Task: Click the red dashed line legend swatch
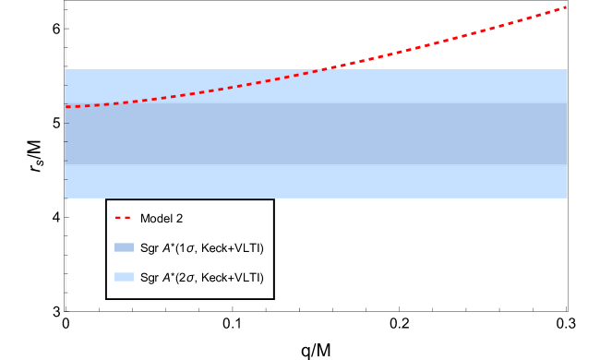click(123, 218)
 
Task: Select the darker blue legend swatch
click(124, 247)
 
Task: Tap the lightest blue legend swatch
click(124, 277)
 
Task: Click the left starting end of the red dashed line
click(66, 107)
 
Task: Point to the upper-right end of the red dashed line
click(565, 7)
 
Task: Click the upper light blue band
click(314, 86)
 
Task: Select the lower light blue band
click(314, 181)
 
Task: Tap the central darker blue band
click(314, 134)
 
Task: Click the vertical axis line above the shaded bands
click(66, 37)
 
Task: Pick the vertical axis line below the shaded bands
click(66, 249)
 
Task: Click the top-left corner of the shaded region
click(65, 70)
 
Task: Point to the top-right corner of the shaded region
click(567, 70)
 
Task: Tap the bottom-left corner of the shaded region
click(65, 198)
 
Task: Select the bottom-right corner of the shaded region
click(567, 198)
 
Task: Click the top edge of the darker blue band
click(314, 103)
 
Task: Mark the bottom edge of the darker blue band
click(314, 164)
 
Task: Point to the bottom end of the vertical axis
click(66, 305)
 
